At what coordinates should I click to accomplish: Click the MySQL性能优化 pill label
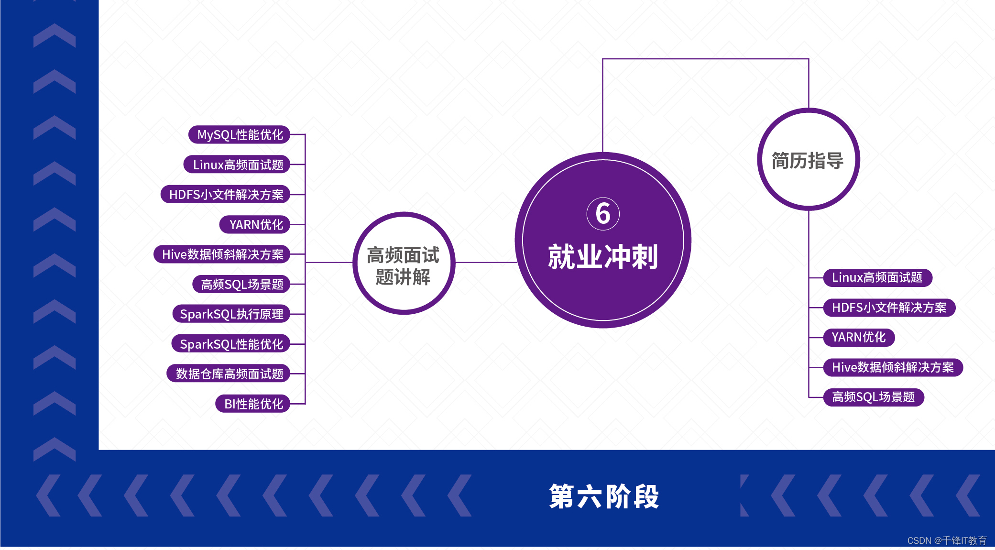[240, 135]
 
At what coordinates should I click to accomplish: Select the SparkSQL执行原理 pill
[231, 314]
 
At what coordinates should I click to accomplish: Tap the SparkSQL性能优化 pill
[231, 344]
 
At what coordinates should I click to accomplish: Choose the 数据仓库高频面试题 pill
[229, 374]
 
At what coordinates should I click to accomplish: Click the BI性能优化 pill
[253, 404]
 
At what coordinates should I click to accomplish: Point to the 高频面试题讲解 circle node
[404, 264]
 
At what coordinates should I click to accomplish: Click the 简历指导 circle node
[808, 160]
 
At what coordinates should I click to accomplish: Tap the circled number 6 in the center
[603, 213]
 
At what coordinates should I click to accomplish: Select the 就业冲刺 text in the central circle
[603, 257]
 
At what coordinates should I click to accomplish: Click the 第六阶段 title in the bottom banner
[604, 496]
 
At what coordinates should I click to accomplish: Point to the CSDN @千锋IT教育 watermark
[946, 540]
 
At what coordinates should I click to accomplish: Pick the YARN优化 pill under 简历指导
[859, 338]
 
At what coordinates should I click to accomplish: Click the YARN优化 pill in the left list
[255, 225]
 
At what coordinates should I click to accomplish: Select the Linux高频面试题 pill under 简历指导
[877, 278]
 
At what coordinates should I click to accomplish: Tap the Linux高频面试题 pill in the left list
[238, 165]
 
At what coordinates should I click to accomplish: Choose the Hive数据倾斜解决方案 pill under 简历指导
[893, 367]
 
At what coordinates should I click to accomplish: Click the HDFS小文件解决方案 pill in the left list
[226, 195]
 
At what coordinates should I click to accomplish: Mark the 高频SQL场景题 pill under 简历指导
[874, 397]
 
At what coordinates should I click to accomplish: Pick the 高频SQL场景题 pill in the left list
[241, 285]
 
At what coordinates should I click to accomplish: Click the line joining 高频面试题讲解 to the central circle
[485, 263]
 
